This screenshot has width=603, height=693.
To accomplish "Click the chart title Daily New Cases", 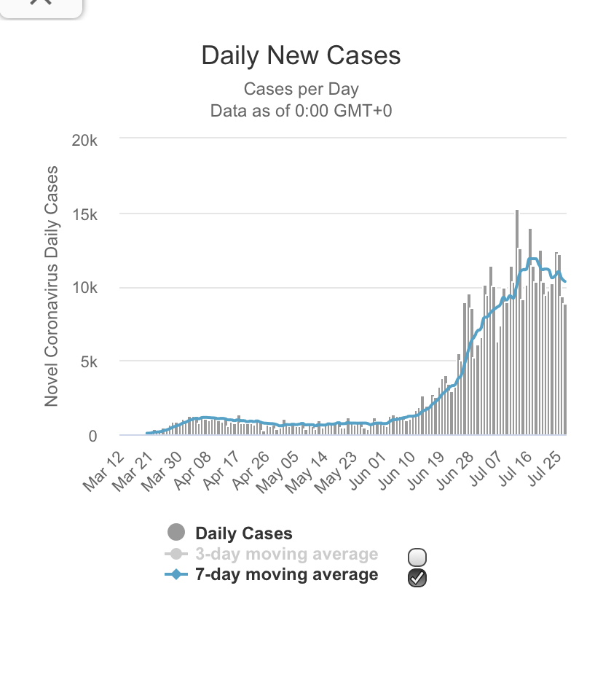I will point(301,56).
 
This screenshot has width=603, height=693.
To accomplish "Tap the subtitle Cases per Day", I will point(301,90).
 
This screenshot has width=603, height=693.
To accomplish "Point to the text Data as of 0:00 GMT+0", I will point(301,111).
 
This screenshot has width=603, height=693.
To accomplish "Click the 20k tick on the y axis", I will point(84,141).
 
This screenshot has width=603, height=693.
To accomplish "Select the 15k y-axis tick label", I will point(84,215).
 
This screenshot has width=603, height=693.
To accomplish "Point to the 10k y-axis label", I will point(84,289).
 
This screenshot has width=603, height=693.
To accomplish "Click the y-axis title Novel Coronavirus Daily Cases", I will point(51,286).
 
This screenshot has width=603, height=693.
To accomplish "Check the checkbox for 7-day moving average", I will point(417,578).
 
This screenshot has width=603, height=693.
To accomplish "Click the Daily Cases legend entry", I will point(243,533).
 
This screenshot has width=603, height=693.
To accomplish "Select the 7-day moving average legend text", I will point(286,574).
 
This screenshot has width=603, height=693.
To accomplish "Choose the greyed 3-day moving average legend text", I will point(286,554).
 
